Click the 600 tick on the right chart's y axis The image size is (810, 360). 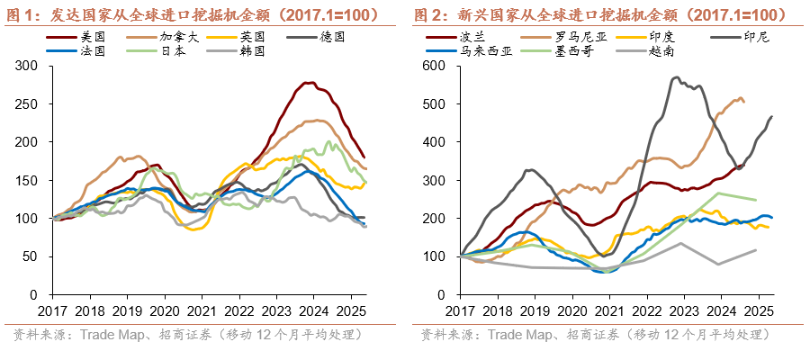pos(436,67)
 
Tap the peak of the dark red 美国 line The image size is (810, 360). pos(308,83)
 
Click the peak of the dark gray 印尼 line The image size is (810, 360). pos(675,77)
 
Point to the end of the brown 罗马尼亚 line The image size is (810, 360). pos(743,102)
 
